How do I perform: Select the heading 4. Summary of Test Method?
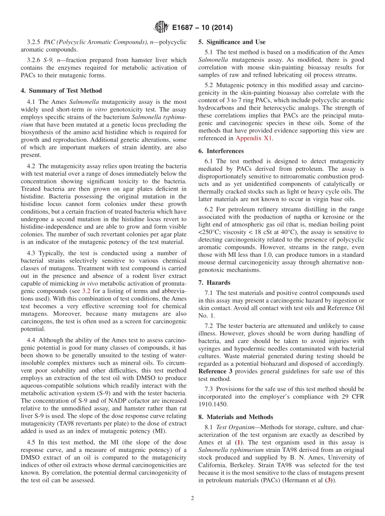point(61,90)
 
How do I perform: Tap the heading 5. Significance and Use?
point(232,42)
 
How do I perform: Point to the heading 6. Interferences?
point(221,151)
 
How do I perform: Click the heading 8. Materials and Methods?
point(235,417)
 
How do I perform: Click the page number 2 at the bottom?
point(192,498)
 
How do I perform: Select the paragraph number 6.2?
point(209,209)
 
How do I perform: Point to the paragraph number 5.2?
point(209,85)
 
